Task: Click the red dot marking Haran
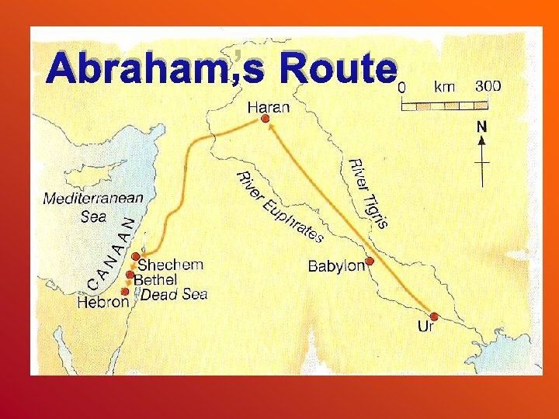[265, 119]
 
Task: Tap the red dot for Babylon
[370, 261]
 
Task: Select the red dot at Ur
[434, 316]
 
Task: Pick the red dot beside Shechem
[136, 257]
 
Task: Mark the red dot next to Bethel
[129, 275]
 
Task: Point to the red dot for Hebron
[125, 291]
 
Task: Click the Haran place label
[268, 106]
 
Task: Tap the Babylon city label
[336, 266]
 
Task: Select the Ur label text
[425, 327]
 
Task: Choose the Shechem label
[170, 265]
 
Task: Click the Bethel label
[155, 279]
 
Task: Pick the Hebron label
[102, 302]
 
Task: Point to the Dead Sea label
[174, 294]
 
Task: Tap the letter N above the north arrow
[482, 126]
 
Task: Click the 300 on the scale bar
[487, 86]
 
